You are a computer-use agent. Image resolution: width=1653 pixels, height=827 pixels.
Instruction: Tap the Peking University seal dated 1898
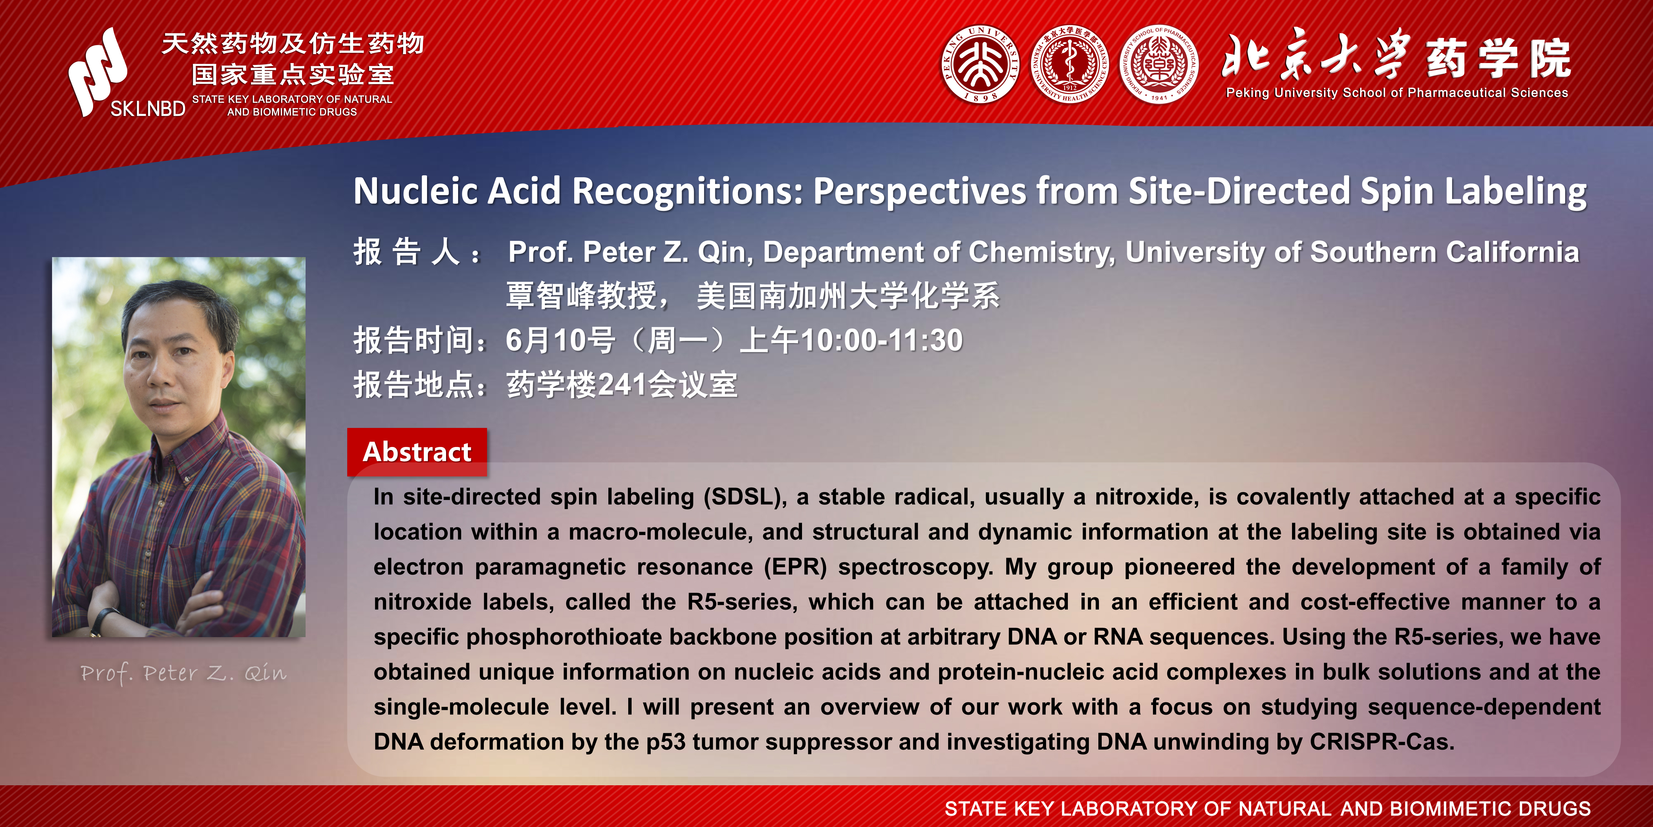click(980, 65)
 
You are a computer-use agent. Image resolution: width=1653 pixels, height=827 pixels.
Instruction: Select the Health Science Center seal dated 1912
click(1070, 65)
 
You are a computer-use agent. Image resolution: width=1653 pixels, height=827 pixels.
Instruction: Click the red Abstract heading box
click(417, 452)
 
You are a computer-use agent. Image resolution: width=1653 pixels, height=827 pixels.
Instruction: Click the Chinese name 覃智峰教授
click(581, 296)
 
